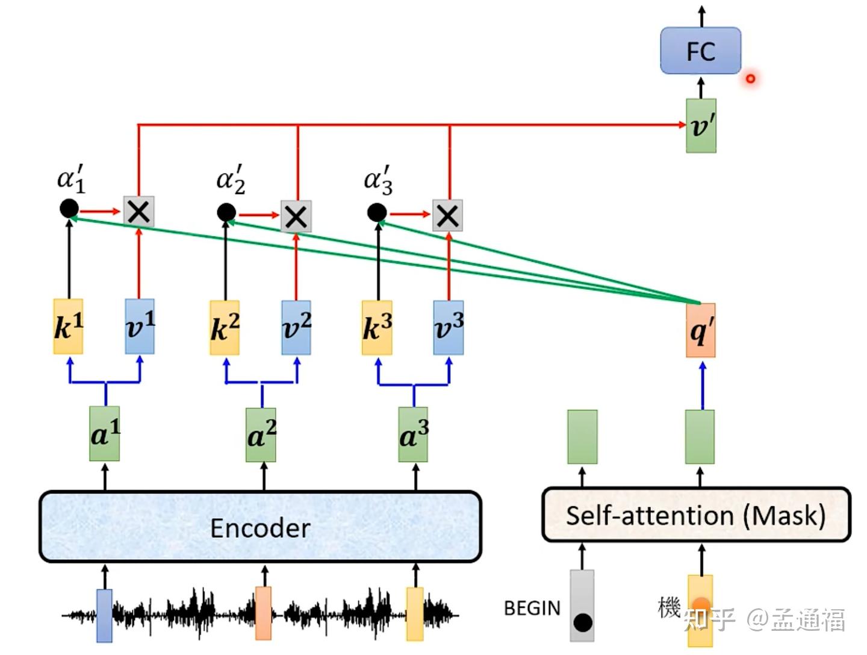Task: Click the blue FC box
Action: [700, 50]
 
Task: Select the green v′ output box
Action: [701, 126]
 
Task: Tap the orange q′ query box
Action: [700, 330]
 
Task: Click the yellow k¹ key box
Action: [68, 327]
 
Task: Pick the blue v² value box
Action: [296, 328]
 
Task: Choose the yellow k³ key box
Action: [377, 328]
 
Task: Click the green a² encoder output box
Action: [261, 435]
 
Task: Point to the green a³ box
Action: [413, 434]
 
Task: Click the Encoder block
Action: [260, 527]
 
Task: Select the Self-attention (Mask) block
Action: [697, 515]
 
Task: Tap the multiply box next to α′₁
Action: [138, 212]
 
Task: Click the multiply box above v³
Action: [447, 216]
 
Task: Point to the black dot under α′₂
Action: [226, 213]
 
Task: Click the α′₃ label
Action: [378, 181]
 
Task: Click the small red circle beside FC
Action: [750, 79]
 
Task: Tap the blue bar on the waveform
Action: [104, 615]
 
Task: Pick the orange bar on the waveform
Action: [263, 613]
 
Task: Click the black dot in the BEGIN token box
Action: [583, 623]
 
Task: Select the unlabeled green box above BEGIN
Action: [582, 437]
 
